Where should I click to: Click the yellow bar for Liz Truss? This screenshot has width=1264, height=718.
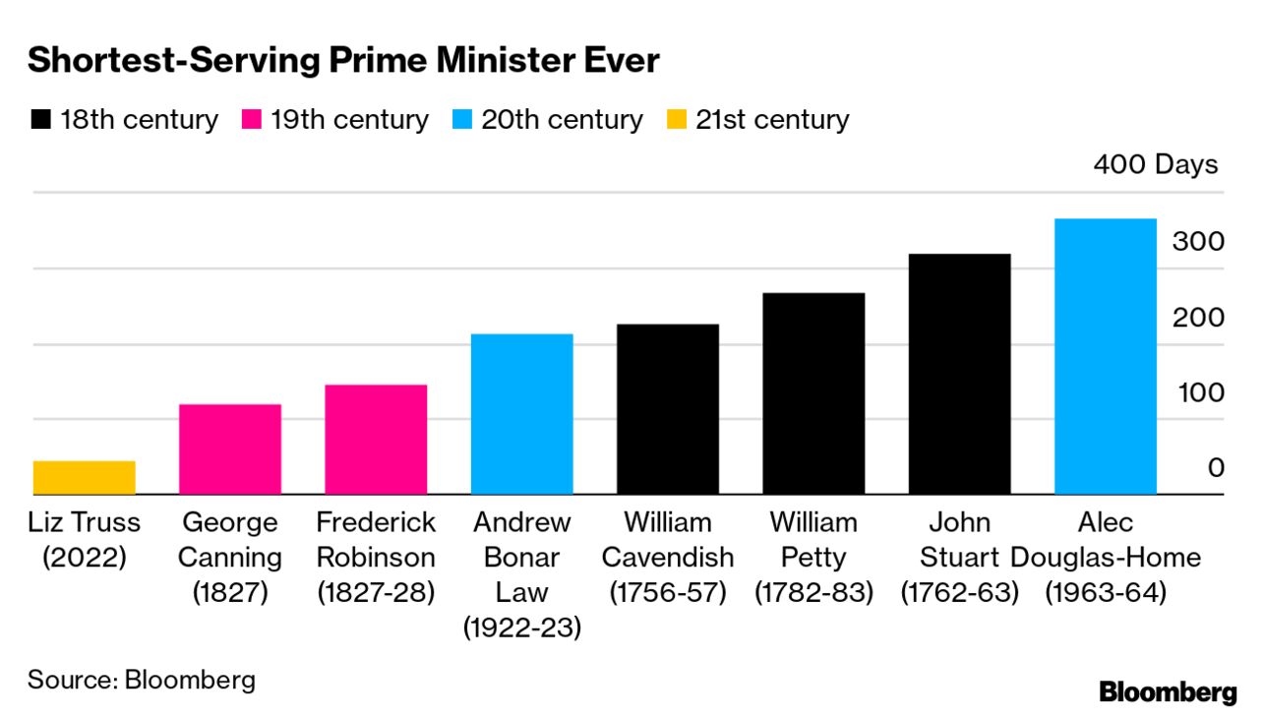84,477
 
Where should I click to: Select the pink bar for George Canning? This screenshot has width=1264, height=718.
229,449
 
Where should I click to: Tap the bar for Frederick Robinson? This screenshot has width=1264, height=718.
376,439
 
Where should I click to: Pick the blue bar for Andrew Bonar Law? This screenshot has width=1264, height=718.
521,413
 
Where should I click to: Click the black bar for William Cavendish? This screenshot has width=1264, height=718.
667,408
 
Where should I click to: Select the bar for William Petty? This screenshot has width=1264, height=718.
813,392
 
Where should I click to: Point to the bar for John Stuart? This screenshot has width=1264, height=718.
959,373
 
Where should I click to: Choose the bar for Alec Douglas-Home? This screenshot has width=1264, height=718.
1105,355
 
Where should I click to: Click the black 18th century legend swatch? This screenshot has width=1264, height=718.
40,121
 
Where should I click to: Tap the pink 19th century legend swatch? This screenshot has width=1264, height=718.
251,121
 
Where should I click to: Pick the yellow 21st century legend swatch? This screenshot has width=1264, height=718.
675,121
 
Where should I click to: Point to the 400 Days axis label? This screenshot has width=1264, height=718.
1155,164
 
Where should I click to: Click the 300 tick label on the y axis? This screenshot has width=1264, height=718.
1198,242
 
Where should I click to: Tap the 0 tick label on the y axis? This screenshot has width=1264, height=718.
1216,468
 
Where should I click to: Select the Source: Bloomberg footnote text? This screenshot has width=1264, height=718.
141,680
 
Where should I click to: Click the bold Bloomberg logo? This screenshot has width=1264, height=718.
1168,691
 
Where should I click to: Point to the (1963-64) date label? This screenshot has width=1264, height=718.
1105,593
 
